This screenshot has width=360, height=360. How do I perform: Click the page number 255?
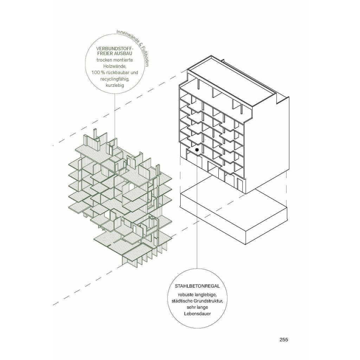coord(284,340)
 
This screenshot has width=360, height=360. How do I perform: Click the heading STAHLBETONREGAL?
coord(197,286)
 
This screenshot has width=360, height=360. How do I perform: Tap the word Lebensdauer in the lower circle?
coord(197,313)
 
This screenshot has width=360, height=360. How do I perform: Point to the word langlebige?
coord(204,294)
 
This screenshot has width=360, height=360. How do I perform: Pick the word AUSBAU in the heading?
coord(124,53)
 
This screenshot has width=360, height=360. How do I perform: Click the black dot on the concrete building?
coord(197,150)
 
